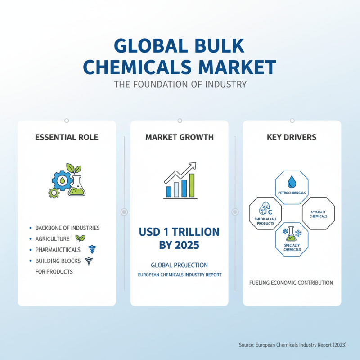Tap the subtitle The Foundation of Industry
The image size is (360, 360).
point(180,84)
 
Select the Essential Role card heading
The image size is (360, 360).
point(66,137)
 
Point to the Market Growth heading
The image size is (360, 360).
point(180,137)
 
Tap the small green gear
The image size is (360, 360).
point(54,193)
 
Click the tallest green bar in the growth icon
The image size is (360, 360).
point(192,185)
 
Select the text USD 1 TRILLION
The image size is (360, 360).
point(179,232)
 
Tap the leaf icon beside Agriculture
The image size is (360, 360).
point(80,238)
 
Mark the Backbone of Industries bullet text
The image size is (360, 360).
point(67,228)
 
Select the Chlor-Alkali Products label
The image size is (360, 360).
point(265,221)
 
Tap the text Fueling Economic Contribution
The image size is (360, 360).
point(291,283)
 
